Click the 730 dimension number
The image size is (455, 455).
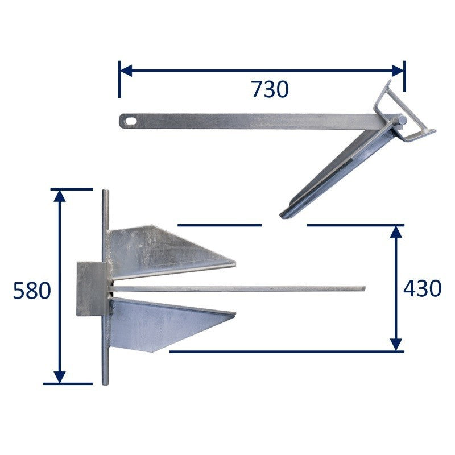[x=270, y=89]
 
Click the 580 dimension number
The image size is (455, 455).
[x=32, y=291]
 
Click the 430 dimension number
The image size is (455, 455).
[x=423, y=288]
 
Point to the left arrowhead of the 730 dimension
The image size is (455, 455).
[x=126, y=71]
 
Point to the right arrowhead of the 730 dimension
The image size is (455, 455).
[x=398, y=71]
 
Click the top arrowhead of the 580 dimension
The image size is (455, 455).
[x=60, y=196]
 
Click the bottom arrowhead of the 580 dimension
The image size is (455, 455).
[x=60, y=377]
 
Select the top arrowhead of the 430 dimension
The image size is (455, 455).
[x=396, y=231]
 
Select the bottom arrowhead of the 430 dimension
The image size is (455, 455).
[x=396, y=345]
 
